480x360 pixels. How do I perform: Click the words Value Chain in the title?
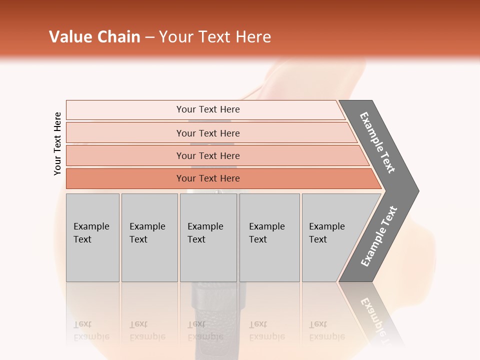tap(94, 37)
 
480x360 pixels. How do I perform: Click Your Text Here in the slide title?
tap(215, 37)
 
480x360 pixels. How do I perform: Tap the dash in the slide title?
tap(149, 37)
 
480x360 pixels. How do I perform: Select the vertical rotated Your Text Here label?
tap(57, 143)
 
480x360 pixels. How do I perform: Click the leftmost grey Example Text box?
tap(92, 237)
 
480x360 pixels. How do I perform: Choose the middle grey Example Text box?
tap(208, 237)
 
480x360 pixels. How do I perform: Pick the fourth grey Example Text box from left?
tap(269, 237)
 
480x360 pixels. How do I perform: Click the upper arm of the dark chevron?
tap(377, 142)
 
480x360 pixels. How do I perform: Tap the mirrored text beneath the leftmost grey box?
tap(91, 330)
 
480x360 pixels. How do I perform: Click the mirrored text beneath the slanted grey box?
tap(326, 330)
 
